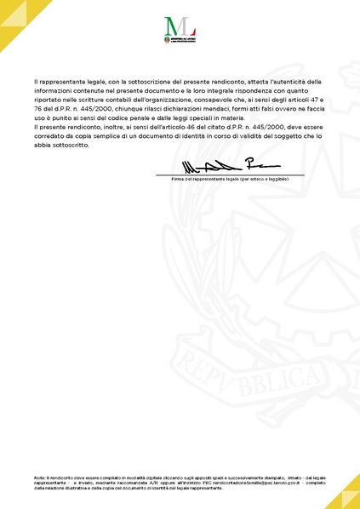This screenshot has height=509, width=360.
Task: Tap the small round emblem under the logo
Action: [167, 39]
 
